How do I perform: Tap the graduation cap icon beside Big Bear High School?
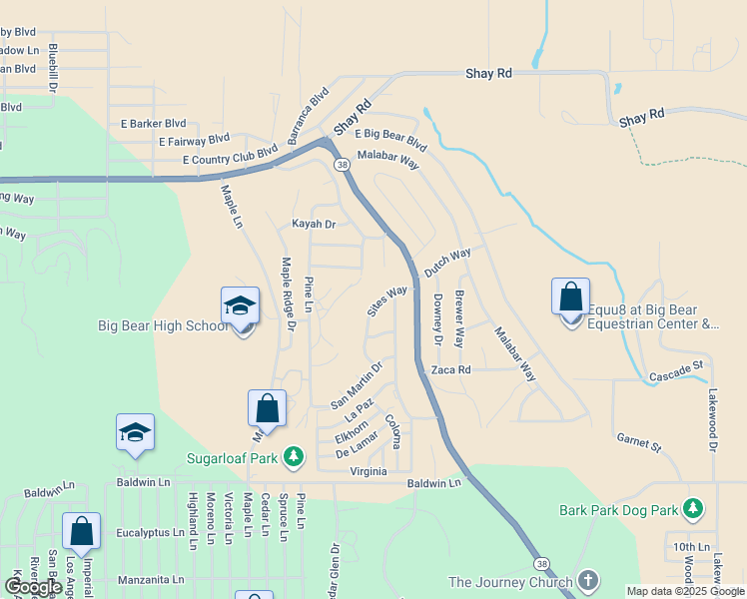point(240,305)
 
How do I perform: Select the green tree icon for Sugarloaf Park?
point(294,457)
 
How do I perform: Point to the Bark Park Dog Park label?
point(619,510)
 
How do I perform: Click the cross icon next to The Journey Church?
point(588,581)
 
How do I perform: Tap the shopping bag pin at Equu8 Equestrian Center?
point(570,298)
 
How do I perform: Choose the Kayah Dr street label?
point(314,224)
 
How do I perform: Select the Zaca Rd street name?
point(450,369)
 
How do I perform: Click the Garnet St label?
point(639,441)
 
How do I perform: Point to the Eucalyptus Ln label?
point(150,533)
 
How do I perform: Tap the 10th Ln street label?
point(689,547)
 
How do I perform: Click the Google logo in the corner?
point(33,587)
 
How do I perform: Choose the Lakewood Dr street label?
point(714,419)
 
